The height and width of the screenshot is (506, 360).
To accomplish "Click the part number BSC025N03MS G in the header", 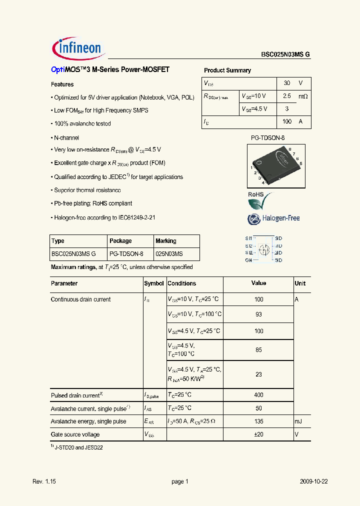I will [x=285, y=55].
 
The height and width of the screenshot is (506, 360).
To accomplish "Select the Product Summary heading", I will [x=227, y=70].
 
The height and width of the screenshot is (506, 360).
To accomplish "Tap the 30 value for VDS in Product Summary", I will [x=287, y=83].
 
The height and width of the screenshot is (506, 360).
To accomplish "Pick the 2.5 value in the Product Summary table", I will [x=287, y=95].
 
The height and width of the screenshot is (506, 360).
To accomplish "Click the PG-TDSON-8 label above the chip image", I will [x=267, y=137].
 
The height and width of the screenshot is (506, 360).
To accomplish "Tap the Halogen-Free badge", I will [x=273, y=218].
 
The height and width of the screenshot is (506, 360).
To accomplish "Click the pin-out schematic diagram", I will [x=264, y=249].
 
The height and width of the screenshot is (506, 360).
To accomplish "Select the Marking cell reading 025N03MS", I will [x=169, y=254].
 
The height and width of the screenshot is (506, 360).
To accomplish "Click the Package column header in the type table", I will [x=120, y=241].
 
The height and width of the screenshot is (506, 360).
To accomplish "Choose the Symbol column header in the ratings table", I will [x=154, y=283].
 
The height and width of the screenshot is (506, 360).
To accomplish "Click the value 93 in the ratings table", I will [x=258, y=314].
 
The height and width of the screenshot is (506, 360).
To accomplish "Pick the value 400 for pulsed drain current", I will [x=258, y=395].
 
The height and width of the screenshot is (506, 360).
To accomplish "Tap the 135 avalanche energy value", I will [x=258, y=421].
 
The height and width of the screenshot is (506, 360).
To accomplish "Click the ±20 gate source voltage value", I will [x=258, y=434].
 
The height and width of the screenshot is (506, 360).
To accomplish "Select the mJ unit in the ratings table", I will [x=298, y=421].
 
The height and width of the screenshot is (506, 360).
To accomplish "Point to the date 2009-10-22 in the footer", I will [x=314, y=481].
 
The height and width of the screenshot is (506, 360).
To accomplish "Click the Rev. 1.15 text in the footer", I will [x=44, y=481].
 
